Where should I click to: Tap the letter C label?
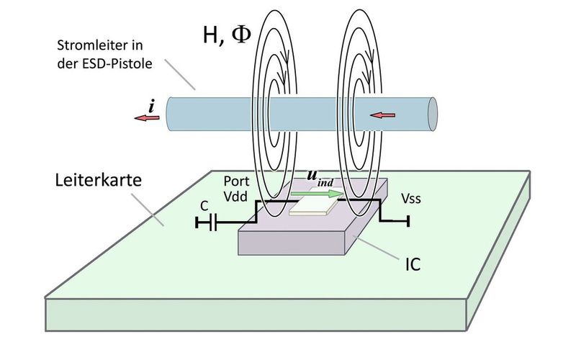204,204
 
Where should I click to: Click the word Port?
236,180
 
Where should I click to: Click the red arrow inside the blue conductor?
384,114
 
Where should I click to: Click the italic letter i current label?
151,106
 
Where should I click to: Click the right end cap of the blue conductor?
432,113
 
